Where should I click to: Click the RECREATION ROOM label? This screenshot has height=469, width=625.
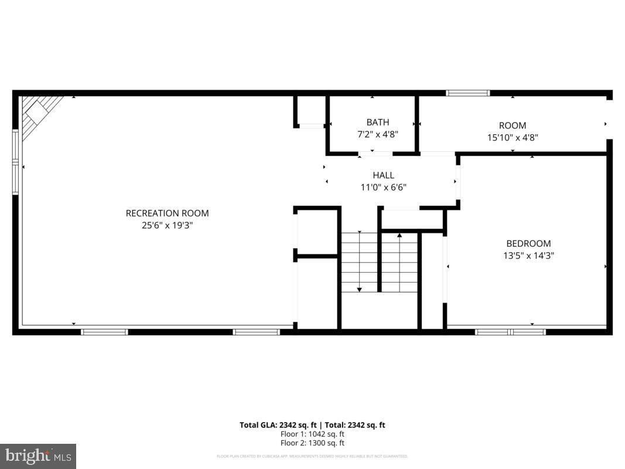[x=167, y=213]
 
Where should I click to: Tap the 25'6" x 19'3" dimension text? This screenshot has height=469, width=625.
[x=167, y=225]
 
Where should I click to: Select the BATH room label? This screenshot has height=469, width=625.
[x=378, y=122]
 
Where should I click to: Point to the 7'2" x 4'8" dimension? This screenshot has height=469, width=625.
[x=378, y=134]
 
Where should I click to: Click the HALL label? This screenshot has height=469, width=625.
[x=384, y=175]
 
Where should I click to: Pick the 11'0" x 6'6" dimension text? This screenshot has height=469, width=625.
[x=384, y=188]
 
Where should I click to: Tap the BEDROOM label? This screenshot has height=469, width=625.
[x=528, y=243]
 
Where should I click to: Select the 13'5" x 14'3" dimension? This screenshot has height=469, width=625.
[x=528, y=256]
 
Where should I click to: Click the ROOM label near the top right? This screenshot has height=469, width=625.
[x=513, y=125]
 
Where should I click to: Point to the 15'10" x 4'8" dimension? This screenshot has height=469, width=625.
[x=513, y=138]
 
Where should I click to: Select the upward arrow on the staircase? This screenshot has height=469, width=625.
[x=399, y=236]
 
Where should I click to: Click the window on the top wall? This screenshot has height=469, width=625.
[x=467, y=93]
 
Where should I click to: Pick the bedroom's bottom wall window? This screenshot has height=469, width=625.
[x=510, y=332]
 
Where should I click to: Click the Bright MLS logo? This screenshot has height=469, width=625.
[x=37, y=456]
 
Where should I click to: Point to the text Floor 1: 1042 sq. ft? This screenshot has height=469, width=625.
[x=312, y=434]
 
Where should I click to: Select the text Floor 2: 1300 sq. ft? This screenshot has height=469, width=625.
[x=312, y=443]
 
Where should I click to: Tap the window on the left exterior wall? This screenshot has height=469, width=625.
[x=16, y=161]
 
